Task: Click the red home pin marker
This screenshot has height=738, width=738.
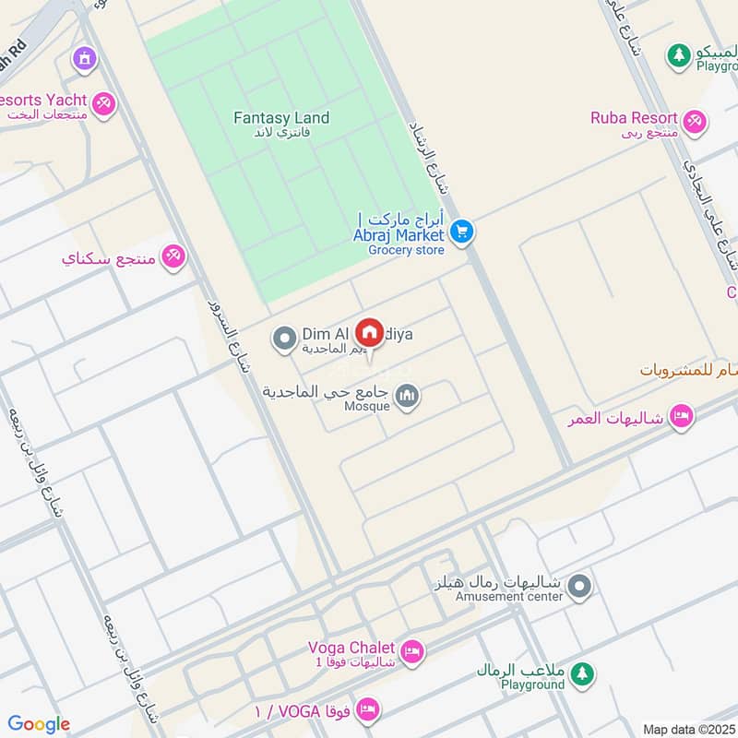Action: pos(370,331)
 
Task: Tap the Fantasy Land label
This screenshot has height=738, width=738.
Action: pos(281,118)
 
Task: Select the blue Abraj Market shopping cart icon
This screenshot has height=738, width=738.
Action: pos(462,232)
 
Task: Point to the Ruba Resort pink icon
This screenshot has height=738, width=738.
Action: pos(695,120)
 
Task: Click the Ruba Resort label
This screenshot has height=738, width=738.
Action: pos(635,118)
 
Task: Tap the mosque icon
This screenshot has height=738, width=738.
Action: pos(406,397)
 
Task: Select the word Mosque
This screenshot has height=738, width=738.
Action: pos(366,406)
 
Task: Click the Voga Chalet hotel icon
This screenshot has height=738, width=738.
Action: pos(412,650)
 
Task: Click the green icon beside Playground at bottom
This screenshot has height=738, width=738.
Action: pos(581,675)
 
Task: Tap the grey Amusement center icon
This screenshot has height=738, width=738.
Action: pos(578,587)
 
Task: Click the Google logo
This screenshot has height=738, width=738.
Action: pos(39,724)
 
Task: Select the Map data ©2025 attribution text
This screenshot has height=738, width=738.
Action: pos(688,729)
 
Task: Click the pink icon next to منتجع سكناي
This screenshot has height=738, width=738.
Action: pos(173,257)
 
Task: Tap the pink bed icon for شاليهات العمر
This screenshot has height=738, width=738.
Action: pos(681,417)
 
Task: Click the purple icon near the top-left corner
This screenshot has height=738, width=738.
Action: pos(85,59)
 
